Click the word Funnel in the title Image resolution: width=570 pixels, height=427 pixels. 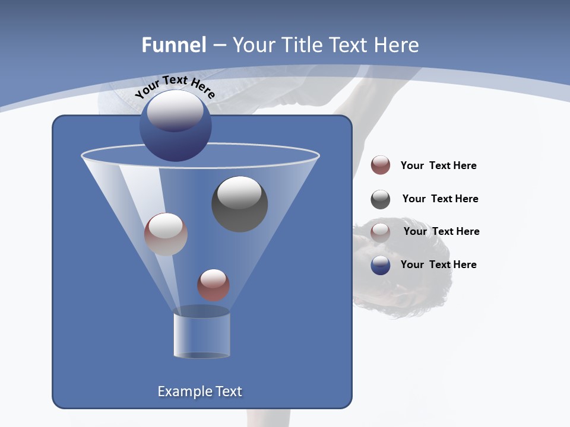coord(173,45)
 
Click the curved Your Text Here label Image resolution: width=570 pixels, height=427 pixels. coord(175,87)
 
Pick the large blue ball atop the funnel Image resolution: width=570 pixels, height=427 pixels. coord(176,126)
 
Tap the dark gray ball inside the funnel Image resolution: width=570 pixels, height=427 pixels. coord(239,203)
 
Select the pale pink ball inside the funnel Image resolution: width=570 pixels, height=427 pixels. coord(166,234)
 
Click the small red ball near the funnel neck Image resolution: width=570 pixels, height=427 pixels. coord(213,285)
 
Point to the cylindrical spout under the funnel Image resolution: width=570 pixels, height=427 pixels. coord(201,333)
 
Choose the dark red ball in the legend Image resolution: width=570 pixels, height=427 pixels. coord(381,165)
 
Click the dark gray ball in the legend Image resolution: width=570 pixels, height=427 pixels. coord(381,199)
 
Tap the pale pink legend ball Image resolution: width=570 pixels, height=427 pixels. coord(381,232)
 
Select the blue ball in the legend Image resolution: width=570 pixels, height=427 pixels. coord(381,265)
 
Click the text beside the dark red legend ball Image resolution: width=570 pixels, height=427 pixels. coord(438,165)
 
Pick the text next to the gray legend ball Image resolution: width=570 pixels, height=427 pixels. coord(440,199)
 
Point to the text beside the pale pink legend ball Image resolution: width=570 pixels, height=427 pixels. coord(441,231)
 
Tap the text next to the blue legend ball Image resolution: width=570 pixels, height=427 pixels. coord(438,265)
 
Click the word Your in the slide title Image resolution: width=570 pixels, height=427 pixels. coord(253,45)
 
